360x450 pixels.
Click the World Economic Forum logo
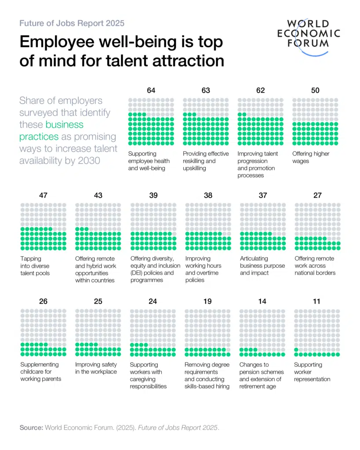pyautogui.click(x=309, y=37)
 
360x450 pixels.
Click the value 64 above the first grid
pyautogui.click(x=151, y=91)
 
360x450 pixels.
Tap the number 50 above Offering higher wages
pyautogui.click(x=315, y=91)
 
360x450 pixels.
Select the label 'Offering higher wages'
pyautogui.click(x=311, y=157)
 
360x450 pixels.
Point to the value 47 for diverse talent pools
pyautogui.click(x=44, y=196)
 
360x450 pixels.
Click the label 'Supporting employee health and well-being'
pyautogui.click(x=149, y=161)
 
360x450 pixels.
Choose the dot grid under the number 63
pyautogui.click(x=206, y=122)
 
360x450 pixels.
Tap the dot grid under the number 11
pyautogui.click(x=317, y=333)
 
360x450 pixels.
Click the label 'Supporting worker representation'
pyautogui.click(x=312, y=372)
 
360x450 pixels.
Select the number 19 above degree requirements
pyautogui.click(x=207, y=301)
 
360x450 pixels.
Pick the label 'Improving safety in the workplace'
pyautogui.click(x=96, y=368)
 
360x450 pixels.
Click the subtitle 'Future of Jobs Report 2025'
pyautogui.click(x=72, y=23)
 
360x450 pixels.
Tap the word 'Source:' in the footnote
pyautogui.click(x=31, y=428)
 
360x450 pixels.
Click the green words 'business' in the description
pyautogui.click(x=64, y=124)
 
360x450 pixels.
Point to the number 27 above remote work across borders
pyautogui.click(x=317, y=196)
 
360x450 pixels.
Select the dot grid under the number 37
pyautogui.click(x=263, y=227)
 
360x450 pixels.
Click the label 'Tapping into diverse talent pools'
pyautogui.click(x=35, y=266)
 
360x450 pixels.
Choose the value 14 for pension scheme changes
pyautogui.click(x=262, y=301)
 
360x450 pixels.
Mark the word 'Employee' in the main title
pyautogui.click(x=57, y=42)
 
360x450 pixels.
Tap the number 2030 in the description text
pyautogui.click(x=89, y=161)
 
